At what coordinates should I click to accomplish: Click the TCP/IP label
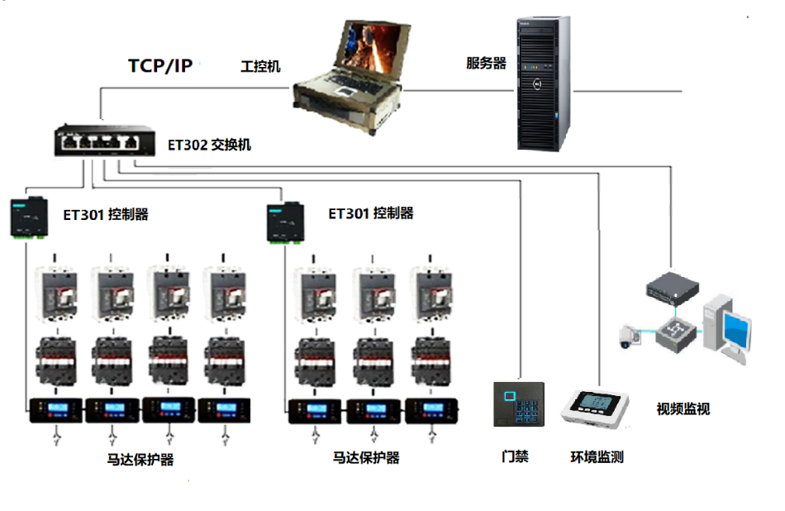(160, 66)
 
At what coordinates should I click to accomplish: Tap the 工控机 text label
(260, 66)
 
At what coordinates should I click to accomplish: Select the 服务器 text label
(486, 63)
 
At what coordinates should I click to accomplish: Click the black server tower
(545, 83)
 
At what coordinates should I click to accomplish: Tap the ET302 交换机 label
(209, 145)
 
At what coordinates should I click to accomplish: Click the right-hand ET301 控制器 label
(371, 213)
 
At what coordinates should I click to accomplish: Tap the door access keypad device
(519, 404)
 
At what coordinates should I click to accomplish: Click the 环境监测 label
(597, 456)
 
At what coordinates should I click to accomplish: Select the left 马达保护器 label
(140, 460)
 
